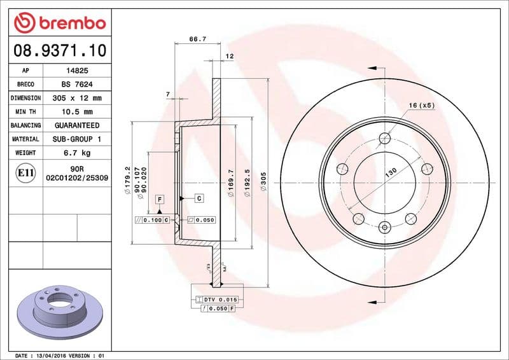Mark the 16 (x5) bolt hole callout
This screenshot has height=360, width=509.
point(421,106)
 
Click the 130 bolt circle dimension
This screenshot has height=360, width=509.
point(391,171)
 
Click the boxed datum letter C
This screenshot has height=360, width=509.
point(200,198)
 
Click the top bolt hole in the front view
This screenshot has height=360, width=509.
point(384,137)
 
